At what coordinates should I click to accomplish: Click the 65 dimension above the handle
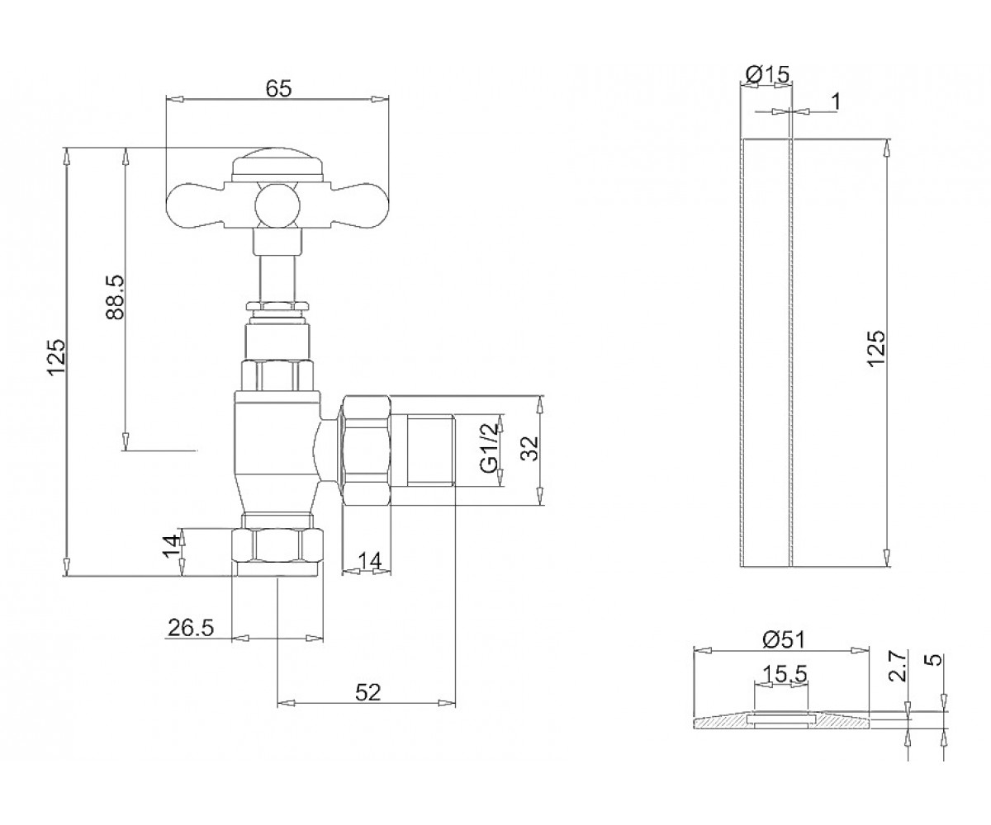click(x=278, y=88)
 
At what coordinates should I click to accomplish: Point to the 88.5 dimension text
click(x=115, y=297)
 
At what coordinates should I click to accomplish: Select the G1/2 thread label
click(x=491, y=448)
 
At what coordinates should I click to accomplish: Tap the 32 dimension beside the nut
click(x=529, y=448)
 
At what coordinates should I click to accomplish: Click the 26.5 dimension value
click(x=191, y=628)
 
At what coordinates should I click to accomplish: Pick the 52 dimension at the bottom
click(x=367, y=693)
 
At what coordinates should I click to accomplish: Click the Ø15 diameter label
click(x=767, y=74)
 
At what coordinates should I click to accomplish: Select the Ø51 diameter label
click(x=784, y=641)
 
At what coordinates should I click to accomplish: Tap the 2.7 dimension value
click(x=898, y=666)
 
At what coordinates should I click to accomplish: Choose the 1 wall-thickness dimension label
click(x=836, y=101)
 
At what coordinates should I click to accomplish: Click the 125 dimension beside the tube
click(x=876, y=348)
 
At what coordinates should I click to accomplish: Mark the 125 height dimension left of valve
click(x=58, y=356)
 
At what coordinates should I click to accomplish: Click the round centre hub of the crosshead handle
click(x=277, y=206)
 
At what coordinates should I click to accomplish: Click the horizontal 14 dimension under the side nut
click(x=370, y=561)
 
